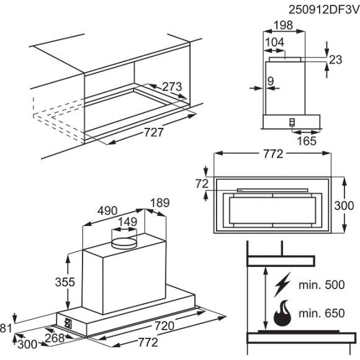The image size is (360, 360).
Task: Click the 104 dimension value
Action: [x=274, y=42]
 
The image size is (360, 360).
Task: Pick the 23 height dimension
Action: [x=336, y=60]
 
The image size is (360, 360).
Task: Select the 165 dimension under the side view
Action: [x=305, y=141]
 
